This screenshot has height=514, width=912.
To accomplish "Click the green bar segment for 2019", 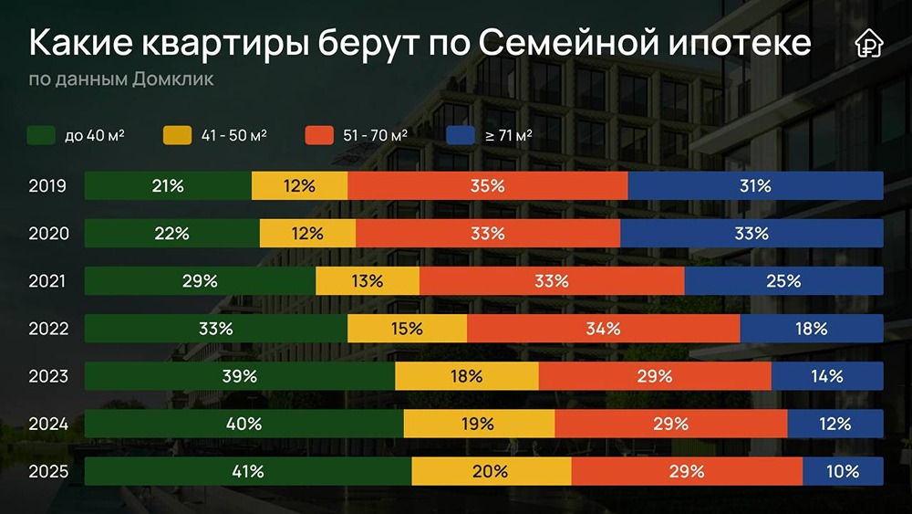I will tap(168, 185).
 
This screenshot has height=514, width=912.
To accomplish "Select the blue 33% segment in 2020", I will tap(751, 233).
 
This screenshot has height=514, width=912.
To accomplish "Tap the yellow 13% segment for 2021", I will tap(368, 280).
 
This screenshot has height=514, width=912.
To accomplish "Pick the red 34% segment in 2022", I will tap(603, 328).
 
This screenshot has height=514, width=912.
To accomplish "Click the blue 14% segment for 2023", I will tap(827, 375).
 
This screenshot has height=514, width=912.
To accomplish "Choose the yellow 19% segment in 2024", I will tap(479, 424).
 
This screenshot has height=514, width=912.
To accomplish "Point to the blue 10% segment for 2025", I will tap(843, 471).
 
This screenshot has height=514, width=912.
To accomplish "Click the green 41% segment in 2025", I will tap(247, 471).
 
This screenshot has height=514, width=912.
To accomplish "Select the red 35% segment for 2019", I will tap(488, 185).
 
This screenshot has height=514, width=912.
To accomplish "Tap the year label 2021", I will tap(47, 281).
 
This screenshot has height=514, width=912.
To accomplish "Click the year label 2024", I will tap(47, 424).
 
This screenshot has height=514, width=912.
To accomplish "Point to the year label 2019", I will tap(47, 186).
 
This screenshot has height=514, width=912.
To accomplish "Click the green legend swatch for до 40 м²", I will tap(42, 135).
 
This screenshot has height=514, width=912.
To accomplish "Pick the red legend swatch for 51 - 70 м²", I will tap(317, 135).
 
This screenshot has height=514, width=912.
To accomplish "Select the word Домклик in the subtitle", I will tap(173, 79).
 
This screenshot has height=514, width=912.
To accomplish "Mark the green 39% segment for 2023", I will tap(239, 375).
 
